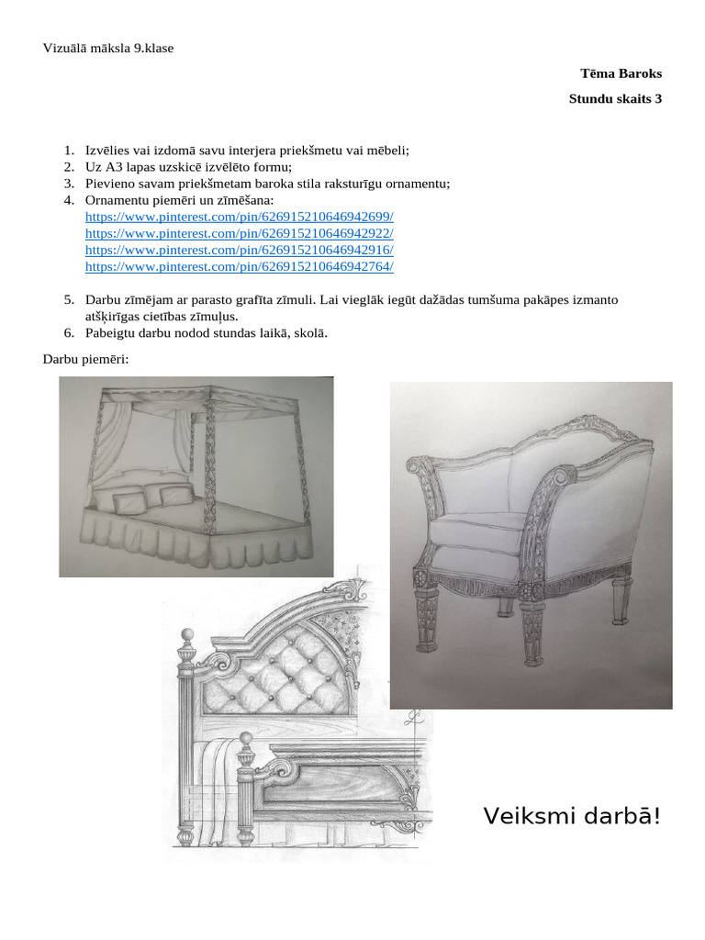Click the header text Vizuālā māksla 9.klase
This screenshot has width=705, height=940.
108,49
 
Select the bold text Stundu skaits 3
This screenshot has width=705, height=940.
615,99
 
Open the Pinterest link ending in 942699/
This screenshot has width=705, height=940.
239,217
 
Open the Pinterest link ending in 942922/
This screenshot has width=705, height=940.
239,233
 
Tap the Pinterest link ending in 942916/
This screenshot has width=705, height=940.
239,250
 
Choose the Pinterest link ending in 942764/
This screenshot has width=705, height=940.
239,266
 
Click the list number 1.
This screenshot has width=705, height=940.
68,150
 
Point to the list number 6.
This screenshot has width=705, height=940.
68,332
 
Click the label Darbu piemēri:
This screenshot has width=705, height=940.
86,358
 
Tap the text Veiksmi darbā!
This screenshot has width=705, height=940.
572,815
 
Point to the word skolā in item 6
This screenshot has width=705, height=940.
309,332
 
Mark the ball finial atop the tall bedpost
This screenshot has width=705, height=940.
188,635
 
